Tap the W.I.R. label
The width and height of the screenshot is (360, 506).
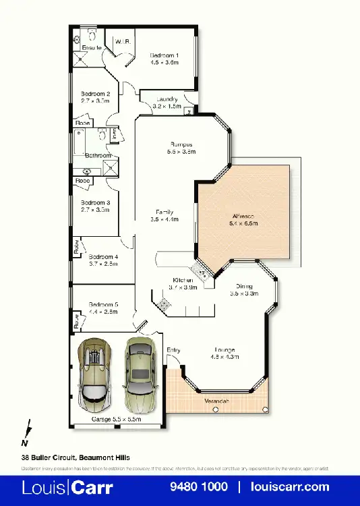(x=122, y=42)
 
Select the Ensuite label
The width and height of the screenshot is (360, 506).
(x=92, y=49)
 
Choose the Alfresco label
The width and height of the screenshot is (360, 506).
(x=245, y=217)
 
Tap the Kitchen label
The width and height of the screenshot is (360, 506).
(x=183, y=279)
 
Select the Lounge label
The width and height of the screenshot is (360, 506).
(x=224, y=349)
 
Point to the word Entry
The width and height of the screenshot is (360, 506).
(x=173, y=349)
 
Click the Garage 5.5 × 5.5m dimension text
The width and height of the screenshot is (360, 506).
(x=116, y=420)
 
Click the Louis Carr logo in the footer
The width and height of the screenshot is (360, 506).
(x=68, y=486)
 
